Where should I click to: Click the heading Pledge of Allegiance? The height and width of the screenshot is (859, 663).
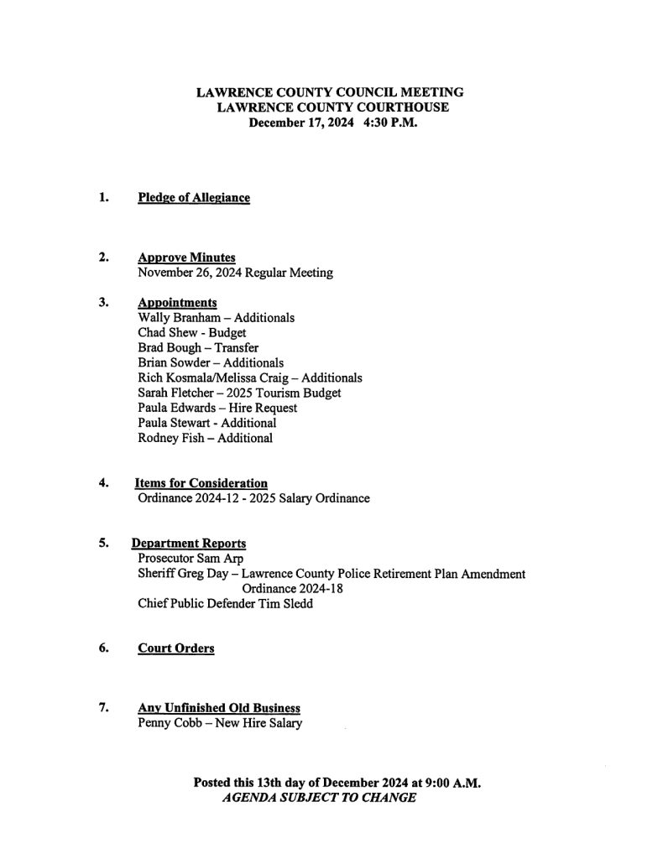pyautogui.click(x=194, y=198)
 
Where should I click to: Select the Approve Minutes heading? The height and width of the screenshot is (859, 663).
pyautogui.click(x=186, y=258)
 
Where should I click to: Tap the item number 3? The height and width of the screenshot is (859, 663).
pyautogui.click(x=103, y=302)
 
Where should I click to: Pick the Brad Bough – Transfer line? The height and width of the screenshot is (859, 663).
pyautogui.click(x=198, y=348)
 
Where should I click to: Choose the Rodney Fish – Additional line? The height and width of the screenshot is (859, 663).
pyautogui.click(x=205, y=438)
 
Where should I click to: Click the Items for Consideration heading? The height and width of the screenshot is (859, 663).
pyautogui.click(x=201, y=483)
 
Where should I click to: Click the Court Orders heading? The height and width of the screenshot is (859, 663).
pyautogui.click(x=175, y=648)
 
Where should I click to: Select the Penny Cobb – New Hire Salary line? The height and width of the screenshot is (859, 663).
pyautogui.click(x=219, y=723)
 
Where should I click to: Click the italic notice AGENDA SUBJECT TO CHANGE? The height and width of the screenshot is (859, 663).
pyautogui.click(x=319, y=798)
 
